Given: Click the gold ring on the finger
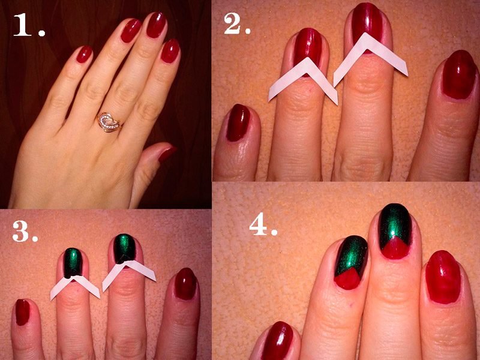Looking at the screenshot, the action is click(x=109, y=122).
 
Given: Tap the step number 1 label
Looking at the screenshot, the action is click(x=29, y=25).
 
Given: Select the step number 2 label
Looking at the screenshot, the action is click(x=237, y=23).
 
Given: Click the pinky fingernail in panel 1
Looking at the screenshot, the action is click(x=84, y=54).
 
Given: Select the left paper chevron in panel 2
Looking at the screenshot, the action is click(x=303, y=80).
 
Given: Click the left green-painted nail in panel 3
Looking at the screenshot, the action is click(x=73, y=263).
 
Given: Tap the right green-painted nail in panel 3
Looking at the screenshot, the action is click(x=125, y=248).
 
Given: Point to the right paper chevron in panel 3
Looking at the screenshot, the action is click(x=129, y=274).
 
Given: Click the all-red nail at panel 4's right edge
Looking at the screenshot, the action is click(x=443, y=277).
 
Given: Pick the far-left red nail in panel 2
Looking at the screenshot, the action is click(x=238, y=122).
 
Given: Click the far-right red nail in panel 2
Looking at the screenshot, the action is click(x=459, y=74).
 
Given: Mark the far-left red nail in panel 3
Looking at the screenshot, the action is click(x=23, y=312).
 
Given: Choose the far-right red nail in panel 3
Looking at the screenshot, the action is click(x=185, y=284).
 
